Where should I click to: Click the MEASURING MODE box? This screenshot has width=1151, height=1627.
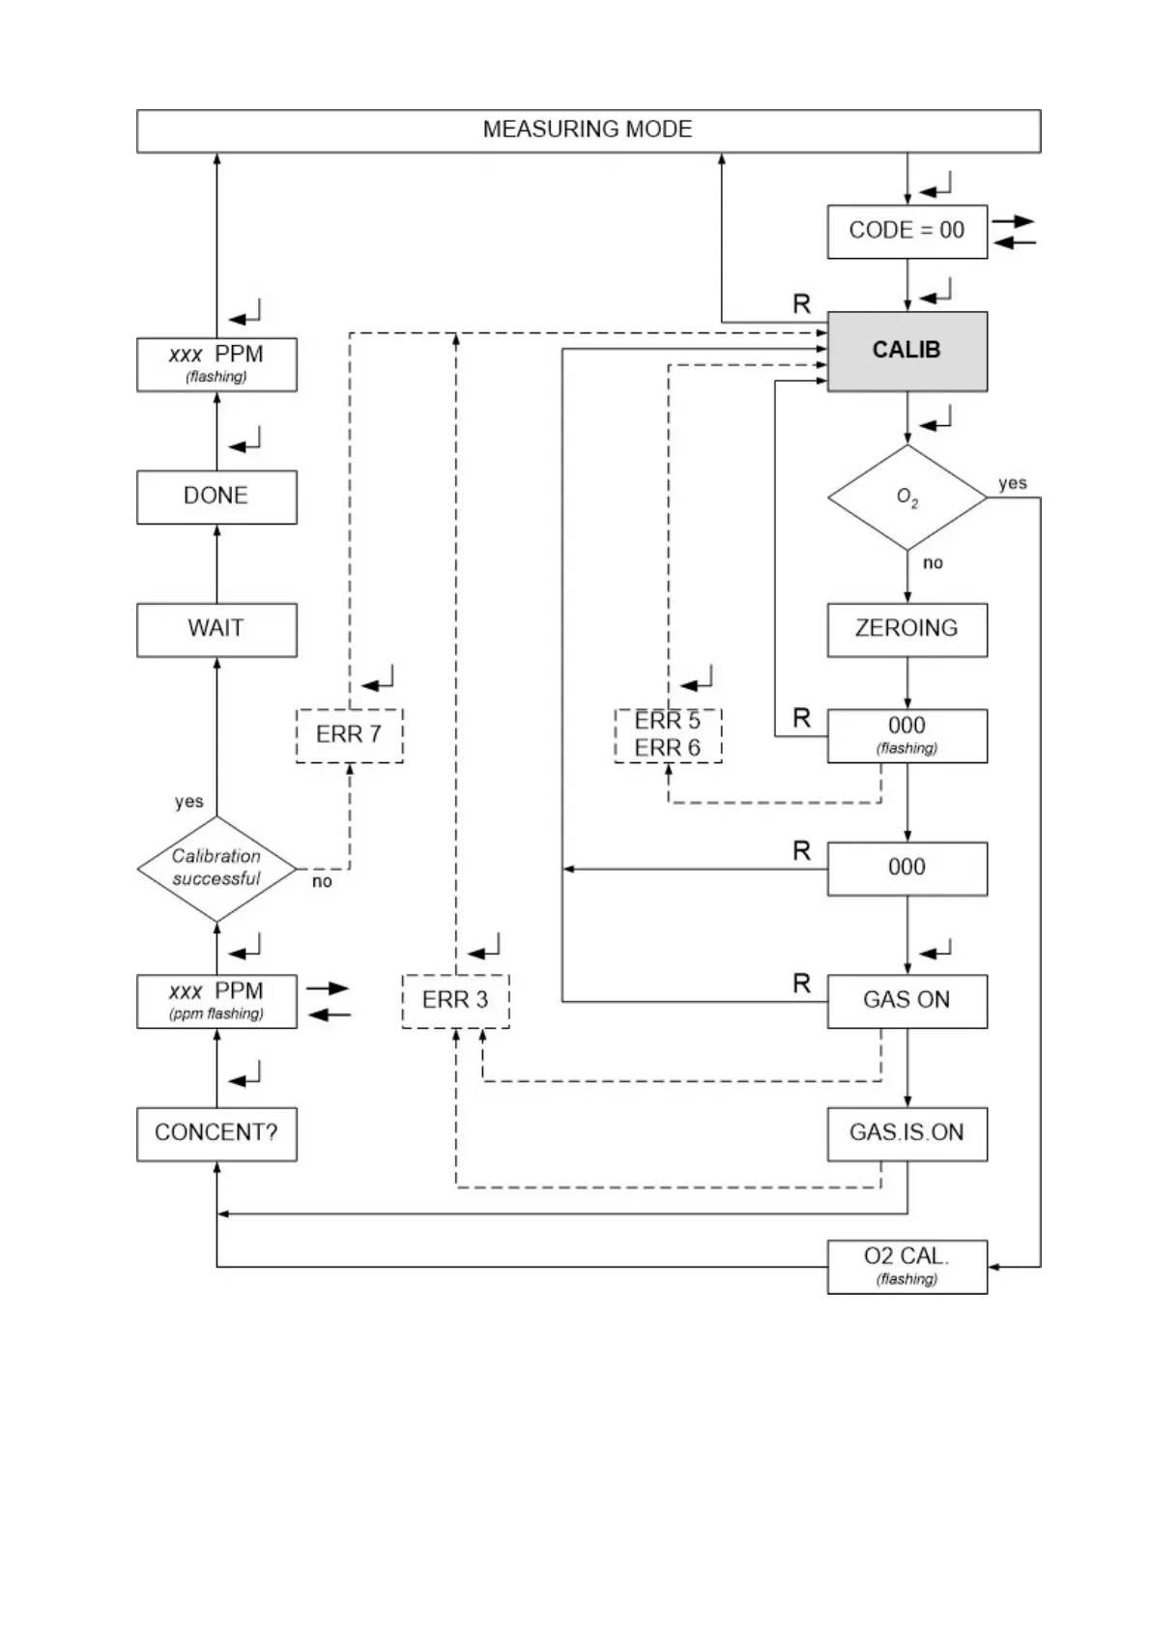[588, 130]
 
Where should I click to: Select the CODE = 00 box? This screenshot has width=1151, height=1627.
[906, 231]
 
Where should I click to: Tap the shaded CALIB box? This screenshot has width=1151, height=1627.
[906, 351]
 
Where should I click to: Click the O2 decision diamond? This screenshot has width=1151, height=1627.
[906, 498]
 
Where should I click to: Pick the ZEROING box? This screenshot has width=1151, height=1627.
[906, 629]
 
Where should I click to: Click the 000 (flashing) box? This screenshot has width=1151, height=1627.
[906, 735]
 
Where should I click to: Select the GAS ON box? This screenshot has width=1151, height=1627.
[906, 1000]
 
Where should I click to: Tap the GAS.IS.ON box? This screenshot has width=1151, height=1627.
[906, 1133]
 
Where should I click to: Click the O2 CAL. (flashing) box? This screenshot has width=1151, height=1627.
[906, 1266]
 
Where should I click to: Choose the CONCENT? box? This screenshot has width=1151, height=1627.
[216, 1133]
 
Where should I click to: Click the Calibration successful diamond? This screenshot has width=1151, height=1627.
[216, 868]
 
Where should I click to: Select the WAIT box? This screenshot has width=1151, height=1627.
[216, 629]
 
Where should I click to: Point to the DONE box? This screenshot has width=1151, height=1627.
[216, 497]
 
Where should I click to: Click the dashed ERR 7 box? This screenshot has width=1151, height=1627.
[349, 735]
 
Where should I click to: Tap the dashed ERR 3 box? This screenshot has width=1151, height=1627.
[455, 1000]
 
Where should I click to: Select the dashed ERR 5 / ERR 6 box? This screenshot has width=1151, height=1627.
[668, 735]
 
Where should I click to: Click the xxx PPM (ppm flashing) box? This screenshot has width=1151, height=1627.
[216, 1000]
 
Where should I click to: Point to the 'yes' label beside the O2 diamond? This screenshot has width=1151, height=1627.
[1012, 483]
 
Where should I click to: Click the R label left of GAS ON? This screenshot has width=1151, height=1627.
[801, 984]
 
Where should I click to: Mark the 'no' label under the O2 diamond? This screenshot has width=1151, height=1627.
[932, 563]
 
